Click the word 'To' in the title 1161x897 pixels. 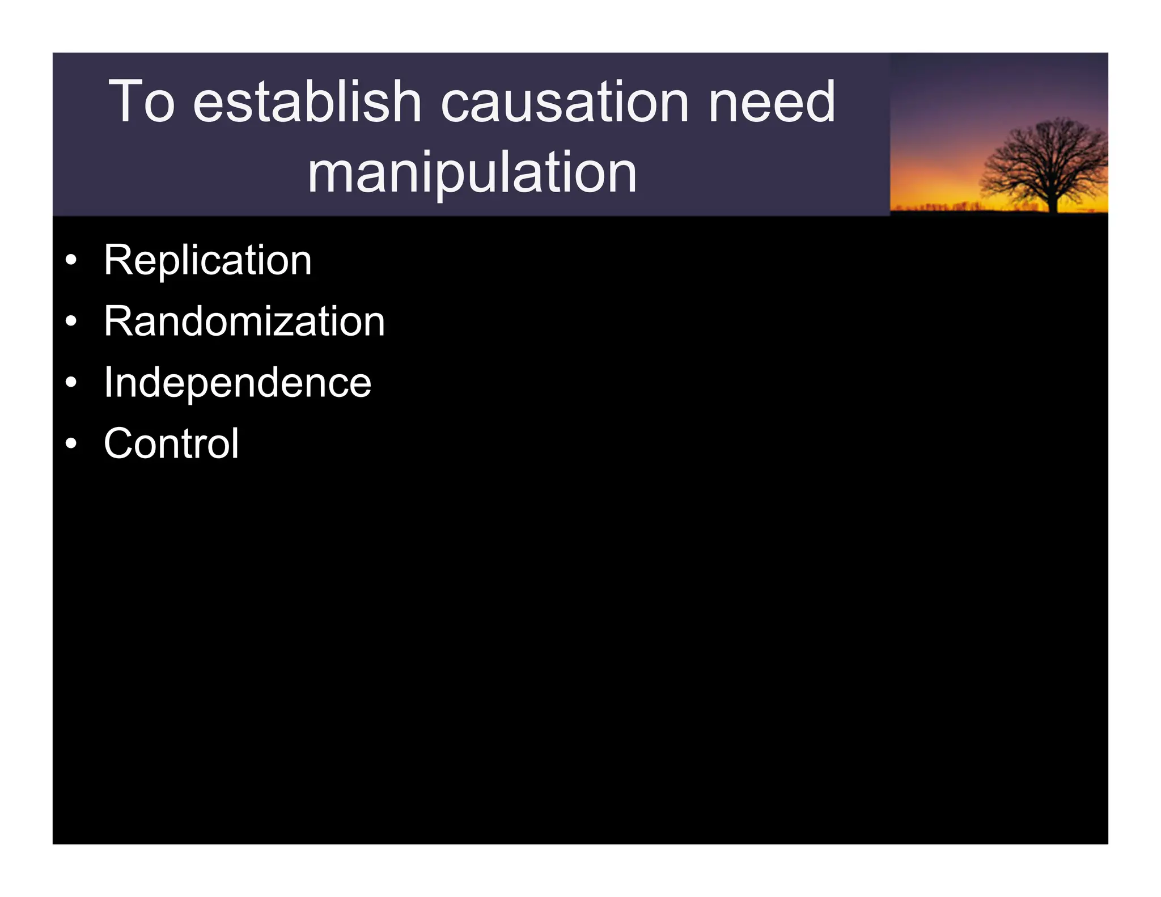(x=141, y=102)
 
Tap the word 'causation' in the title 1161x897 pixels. (x=565, y=102)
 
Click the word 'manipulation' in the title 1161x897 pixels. (x=472, y=174)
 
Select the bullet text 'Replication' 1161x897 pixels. (x=207, y=260)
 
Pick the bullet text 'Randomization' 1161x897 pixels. (x=244, y=321)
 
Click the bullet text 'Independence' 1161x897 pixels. (x=237, y=383)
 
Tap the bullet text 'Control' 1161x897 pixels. (x=171, y=443)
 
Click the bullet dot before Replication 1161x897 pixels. (x=70, y=261)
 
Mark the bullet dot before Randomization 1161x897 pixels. (x=70, y=322)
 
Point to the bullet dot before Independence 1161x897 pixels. (x=70, y=383)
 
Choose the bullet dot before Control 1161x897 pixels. (x=70, y=444)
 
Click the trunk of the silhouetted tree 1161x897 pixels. (x=1053, y=201)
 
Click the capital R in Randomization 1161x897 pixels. (x=117, y=321)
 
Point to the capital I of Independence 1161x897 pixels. (x=108, y=383)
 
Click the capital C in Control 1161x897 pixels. (x=119, y=443)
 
